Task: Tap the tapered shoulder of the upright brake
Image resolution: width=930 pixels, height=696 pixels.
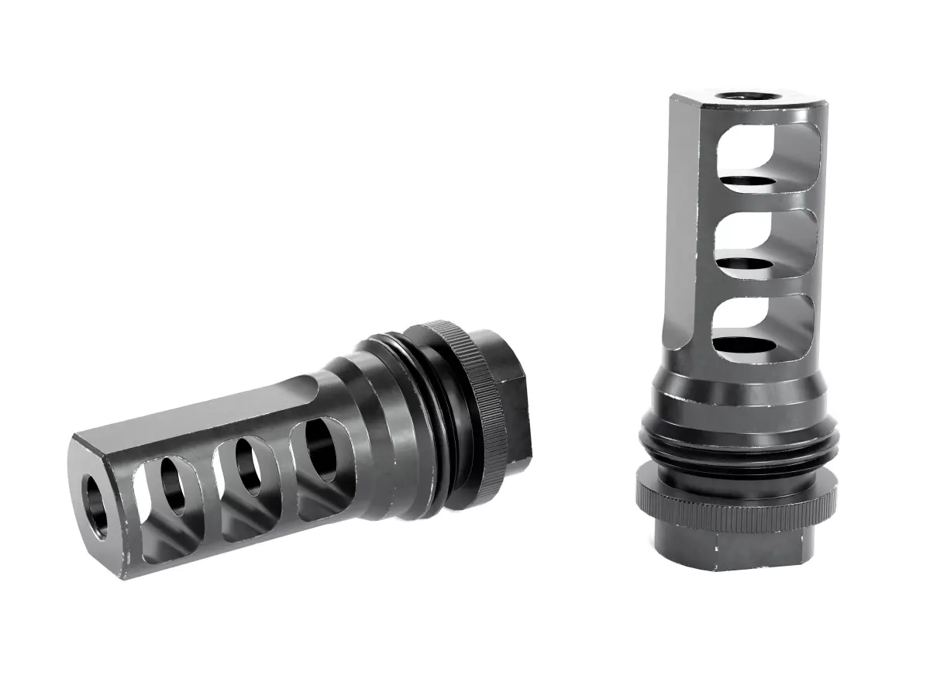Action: point(740,395)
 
